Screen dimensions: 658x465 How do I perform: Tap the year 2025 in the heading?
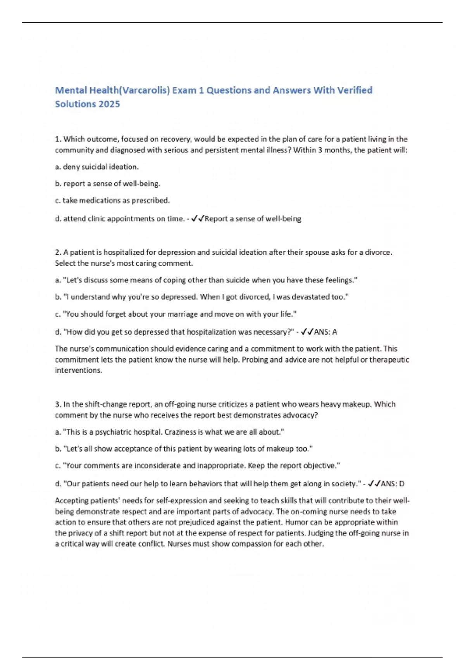point(109,104)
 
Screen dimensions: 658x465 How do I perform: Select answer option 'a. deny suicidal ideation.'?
point(97,167)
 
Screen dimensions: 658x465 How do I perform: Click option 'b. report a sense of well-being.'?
point(108,184)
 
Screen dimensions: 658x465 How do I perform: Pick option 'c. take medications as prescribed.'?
point(112,200)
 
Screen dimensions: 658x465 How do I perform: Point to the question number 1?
point(58,139)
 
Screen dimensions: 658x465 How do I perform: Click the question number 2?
point(58,252)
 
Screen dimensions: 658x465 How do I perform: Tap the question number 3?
point(58,404)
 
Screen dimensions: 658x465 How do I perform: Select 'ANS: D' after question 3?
point(393,484)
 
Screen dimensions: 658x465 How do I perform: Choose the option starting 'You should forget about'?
point(176,314)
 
